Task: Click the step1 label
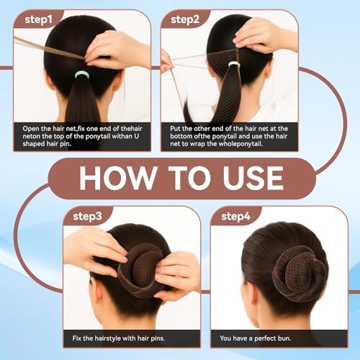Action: point(38,19)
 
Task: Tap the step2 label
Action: point(185,19)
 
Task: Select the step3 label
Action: point(87,216)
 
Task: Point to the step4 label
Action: point(235,216)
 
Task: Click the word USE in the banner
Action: point(253,178)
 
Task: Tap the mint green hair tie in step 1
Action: point(82,75)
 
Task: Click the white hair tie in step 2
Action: point(233,64)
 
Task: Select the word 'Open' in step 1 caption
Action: point(31,129)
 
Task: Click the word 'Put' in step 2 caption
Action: point(175,129)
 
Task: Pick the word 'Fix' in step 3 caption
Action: point(77,338)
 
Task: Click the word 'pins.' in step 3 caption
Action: point(158,338)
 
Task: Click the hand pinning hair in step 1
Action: point(115,49)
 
